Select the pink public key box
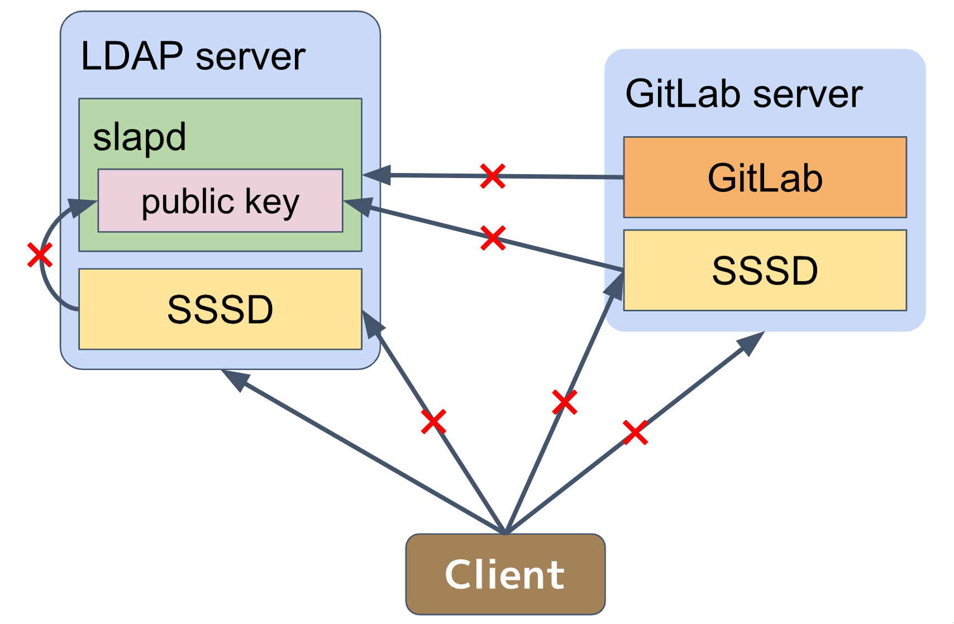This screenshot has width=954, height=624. click(x=220, y=201)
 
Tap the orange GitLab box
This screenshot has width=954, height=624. click(x=765, y=177)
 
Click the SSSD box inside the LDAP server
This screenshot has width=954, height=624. click(x=220, y=309)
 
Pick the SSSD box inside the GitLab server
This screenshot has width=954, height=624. click(x=765, y=271)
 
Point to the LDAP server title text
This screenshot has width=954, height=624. click(x=193, y=56)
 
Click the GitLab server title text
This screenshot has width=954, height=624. click(x=743, y=94)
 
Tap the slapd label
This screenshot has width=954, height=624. click(x=139, y=137)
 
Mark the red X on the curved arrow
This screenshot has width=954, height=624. click(x=40, y=256)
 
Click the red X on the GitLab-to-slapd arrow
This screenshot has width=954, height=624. click(x=493, y=176)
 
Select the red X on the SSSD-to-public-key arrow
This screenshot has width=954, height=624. click(x=493, y=238)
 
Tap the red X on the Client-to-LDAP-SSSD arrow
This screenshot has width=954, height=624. click(x=434, y=422)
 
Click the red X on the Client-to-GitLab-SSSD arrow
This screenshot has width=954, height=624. click(x=565, y=402)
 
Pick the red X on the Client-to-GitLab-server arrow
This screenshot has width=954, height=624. click(x=635, y=433)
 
